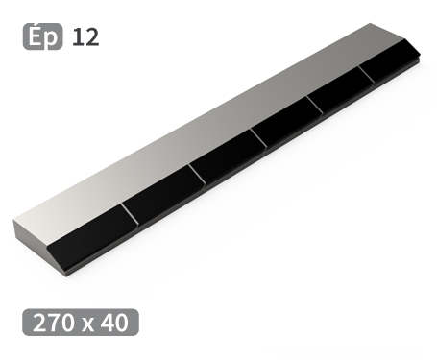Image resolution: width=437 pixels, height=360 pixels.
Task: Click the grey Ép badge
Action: point(41,37)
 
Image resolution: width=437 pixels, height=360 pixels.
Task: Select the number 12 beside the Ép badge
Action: point(85,37)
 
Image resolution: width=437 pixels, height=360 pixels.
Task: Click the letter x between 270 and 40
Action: point(88,323)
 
